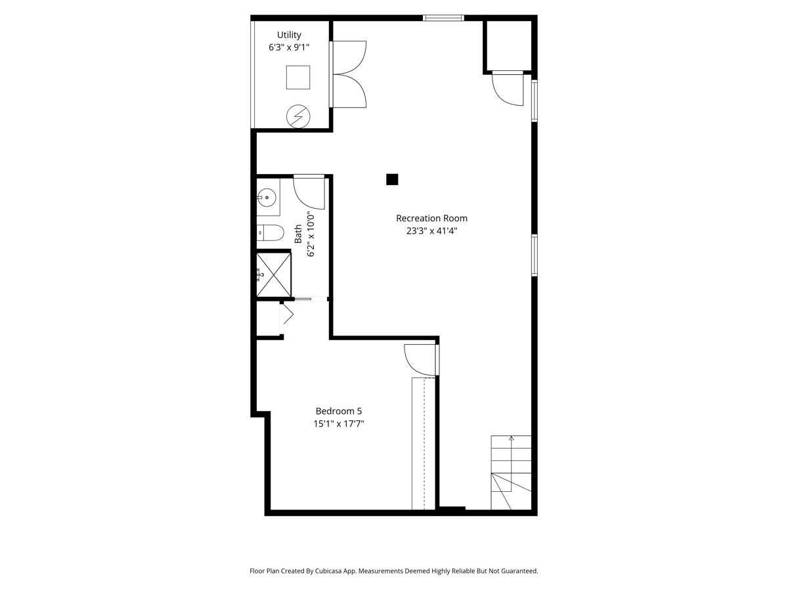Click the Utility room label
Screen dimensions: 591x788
[x=289, y=35]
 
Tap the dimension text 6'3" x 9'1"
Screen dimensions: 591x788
[x=289, y=47]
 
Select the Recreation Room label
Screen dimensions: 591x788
[x=431, y=218]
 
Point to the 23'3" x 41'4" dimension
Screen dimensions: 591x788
[x=431, y=230]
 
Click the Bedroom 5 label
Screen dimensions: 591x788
[x=338, y=411]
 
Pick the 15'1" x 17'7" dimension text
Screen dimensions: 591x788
[x=338, y=424]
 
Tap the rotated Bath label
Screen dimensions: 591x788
[x=298, y=234]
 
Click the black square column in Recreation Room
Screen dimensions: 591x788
[x=392, y=179]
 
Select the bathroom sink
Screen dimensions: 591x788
[x=267, y=196]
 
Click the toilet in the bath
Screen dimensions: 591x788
[x=269, y=232]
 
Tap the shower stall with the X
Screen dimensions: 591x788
[x=273, y=274]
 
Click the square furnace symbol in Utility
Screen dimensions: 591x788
[x=297, y=77]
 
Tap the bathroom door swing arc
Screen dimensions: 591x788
[x=309, y=192]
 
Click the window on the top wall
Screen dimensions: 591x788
[x=443, y=18]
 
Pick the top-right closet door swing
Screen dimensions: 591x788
[x=506, y=88]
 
